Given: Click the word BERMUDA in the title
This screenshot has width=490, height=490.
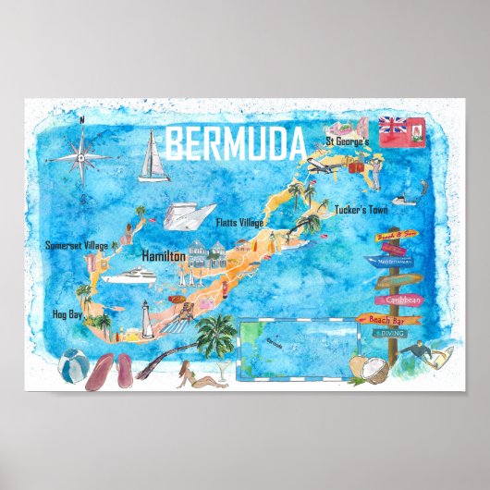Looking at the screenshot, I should [236, 142].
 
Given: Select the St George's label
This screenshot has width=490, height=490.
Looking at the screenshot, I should [346, 141].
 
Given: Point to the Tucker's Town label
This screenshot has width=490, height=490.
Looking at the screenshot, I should [361, 209].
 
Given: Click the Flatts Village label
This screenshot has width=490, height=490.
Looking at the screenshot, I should [239, 222].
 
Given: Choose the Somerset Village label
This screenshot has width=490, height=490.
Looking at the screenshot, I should [77, 245].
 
